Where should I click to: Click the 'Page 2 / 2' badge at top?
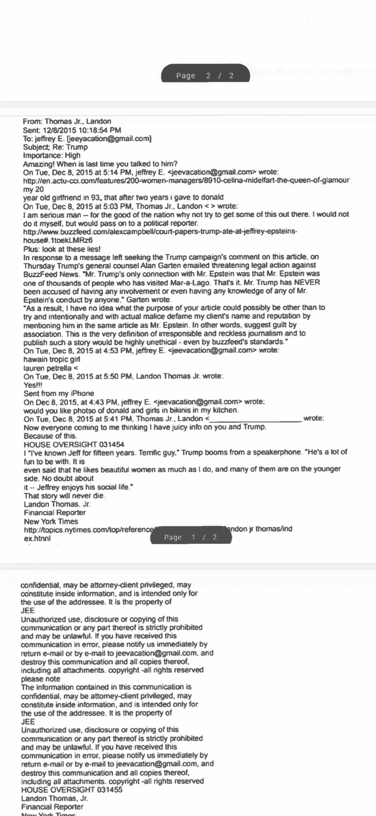pos(205,76)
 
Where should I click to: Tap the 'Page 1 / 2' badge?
pos(191,537)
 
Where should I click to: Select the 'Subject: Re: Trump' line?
pos(55,147)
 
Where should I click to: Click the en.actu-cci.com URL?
pos(186,180)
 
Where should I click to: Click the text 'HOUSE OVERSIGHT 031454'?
pos(74,444)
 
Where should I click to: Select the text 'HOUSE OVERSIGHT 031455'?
pos(71,790)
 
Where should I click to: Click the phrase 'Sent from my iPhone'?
pos(59,393)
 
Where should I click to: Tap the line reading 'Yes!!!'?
pos(33,385)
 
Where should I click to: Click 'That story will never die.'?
pos(64,496)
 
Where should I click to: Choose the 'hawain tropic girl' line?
pos(52,359)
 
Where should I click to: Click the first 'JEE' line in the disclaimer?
pos(27,610)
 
